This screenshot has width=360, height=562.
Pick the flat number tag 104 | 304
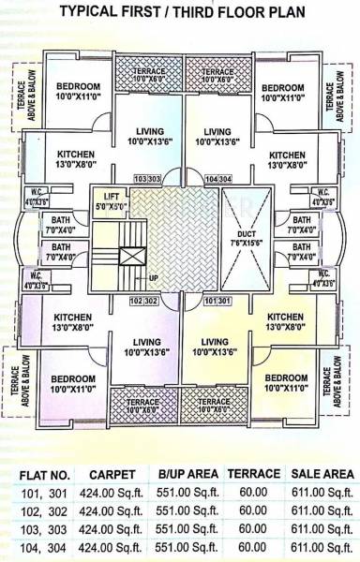pyautogui.click(x=217, y=177)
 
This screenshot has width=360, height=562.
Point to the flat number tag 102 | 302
pyautogui.click(x=143, y=302)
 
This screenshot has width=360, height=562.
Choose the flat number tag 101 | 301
pyautogui.click(x=217, y=302)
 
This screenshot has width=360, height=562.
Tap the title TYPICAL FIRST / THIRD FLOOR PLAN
pyautogui.click(x=181, y=12)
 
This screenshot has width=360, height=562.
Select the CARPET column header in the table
pyautogui.click(x=111, y=474)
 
